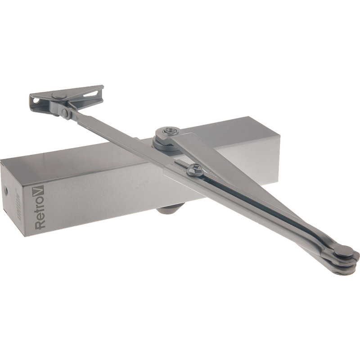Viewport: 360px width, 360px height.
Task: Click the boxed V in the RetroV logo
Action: (38, 191)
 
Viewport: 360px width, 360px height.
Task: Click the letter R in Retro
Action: (40, 224)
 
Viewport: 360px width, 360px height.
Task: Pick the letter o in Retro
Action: (39, 201)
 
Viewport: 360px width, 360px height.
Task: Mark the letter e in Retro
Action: (40, 216)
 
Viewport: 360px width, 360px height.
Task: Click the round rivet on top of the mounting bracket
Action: (58, 95)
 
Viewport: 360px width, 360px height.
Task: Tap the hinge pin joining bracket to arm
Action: (66, 112)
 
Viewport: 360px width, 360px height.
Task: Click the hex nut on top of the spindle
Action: (169, 131)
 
